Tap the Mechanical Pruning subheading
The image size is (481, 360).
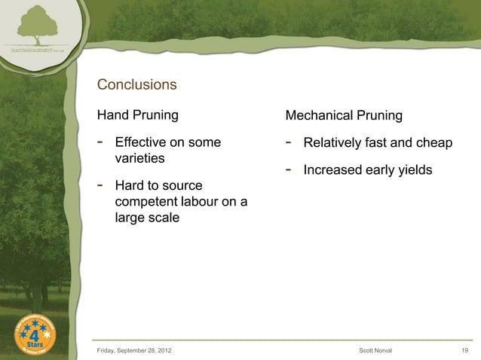click(x=344, y=116)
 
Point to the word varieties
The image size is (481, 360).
click(x=140, y=160)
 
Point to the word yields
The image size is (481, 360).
click(x=414, y=170)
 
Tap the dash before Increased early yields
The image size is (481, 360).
click(x=290, y=169)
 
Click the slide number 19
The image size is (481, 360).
click(x=464, y=350)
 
